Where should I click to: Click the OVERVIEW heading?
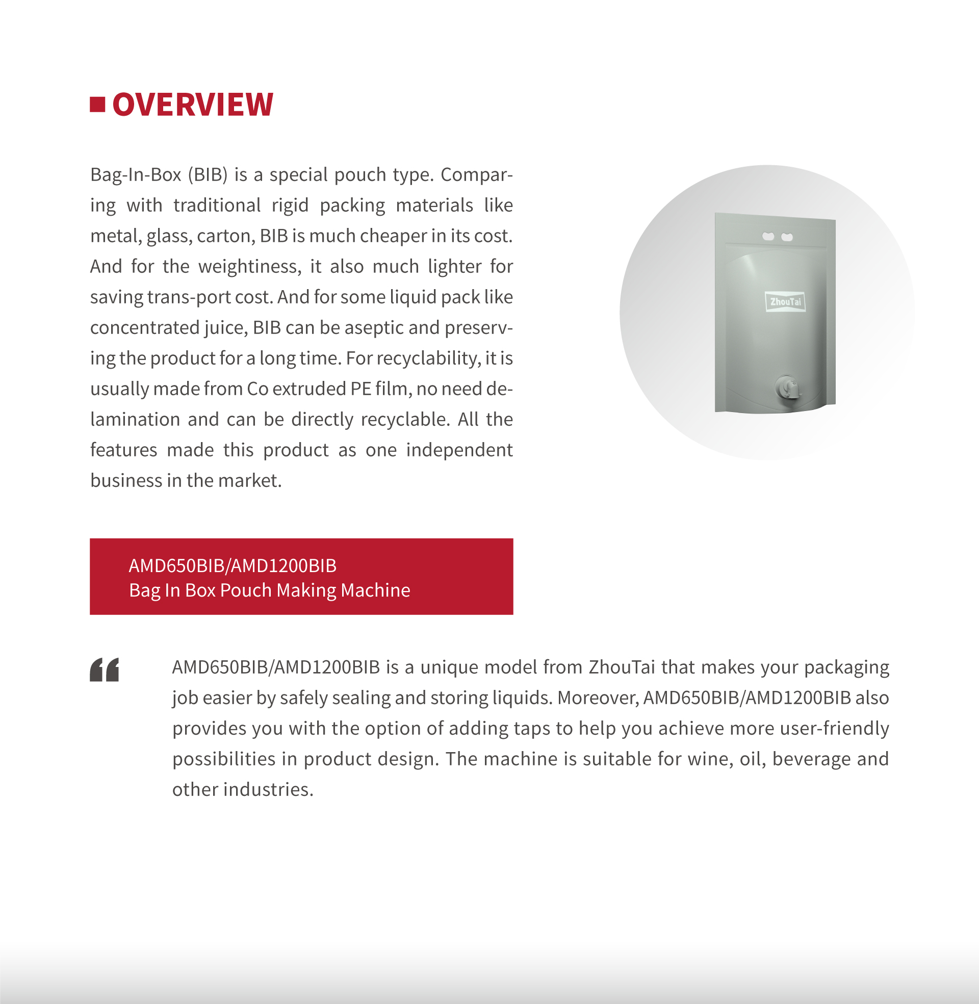pos(192,105)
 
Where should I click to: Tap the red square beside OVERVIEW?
pos(97,105)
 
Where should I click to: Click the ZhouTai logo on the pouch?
pos(785,302)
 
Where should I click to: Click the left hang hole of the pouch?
pos(768,237)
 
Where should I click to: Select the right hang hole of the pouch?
pos(787,237)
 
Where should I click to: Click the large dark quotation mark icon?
pos(105,670)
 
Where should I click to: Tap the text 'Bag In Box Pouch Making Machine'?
pos(269,590)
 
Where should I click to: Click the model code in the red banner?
pos(233,565)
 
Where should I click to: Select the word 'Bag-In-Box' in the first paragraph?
pos(135,175)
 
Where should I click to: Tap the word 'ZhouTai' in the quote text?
pos(622,667)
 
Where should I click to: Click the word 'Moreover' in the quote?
pos(598,698)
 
